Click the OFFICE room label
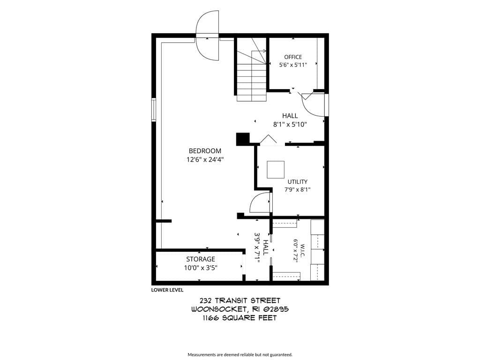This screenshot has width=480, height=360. click(x=293, y=57)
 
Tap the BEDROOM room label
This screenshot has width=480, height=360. click(x=205, y=151)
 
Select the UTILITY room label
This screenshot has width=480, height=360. click(x=297, y=181)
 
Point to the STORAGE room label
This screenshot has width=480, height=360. click(x=201, y=259)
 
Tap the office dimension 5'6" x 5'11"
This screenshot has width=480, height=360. click(x=293, y=65)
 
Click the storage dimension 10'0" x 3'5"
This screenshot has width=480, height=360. click(x=201, y=268)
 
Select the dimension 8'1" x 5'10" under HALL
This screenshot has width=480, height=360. click(x=290, y=125)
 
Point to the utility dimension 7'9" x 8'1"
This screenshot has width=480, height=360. click(x=297, y=189)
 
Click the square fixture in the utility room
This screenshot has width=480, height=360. click(x=276, y=170)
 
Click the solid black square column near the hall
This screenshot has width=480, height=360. click(x=243, y=139)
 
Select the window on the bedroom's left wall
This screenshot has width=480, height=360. click(x=154, y=110)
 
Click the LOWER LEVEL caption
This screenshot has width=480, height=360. click(x=167, y=290)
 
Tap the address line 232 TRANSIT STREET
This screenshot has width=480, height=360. click(x=240, y=300)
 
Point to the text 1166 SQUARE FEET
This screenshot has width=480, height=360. click(x=240, y=318)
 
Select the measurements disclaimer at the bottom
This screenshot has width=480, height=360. click(x=240, y=355)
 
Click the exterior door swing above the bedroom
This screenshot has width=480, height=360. click(x=208, y=36)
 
